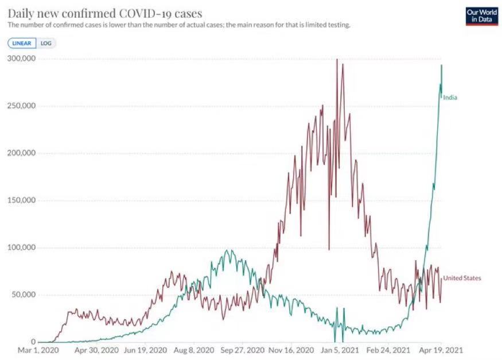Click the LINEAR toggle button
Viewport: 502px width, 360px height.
(x=22, y=43)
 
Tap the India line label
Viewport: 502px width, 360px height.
(x=450, y=98)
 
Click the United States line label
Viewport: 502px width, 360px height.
(x=462, y=278)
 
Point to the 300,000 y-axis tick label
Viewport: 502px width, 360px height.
(x=20, y=59)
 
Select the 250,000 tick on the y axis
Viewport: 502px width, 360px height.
(x=20, y=106)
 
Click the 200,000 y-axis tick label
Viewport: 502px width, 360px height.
(x=20, y=153)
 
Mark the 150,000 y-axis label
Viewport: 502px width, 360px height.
(x=20, y=200)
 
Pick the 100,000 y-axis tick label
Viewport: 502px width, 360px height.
(x=20, y=248)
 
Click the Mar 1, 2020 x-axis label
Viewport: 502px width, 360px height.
(x=39, y=349)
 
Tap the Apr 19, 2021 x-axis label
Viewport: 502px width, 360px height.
(x=441, y=349)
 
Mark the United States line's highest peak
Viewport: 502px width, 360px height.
(x=337, y=60)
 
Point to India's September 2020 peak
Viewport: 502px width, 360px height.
(x=229, y=250)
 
